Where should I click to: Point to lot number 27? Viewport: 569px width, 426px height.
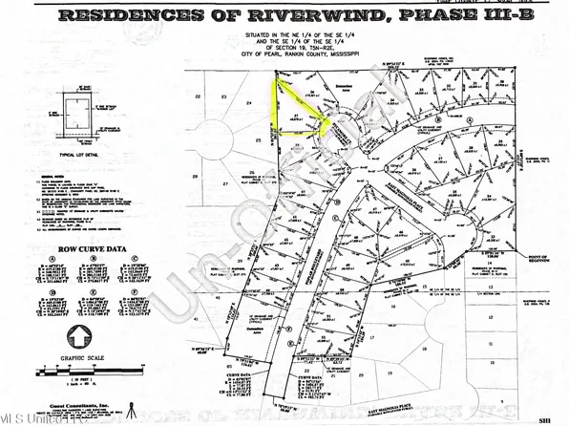(225, 182)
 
